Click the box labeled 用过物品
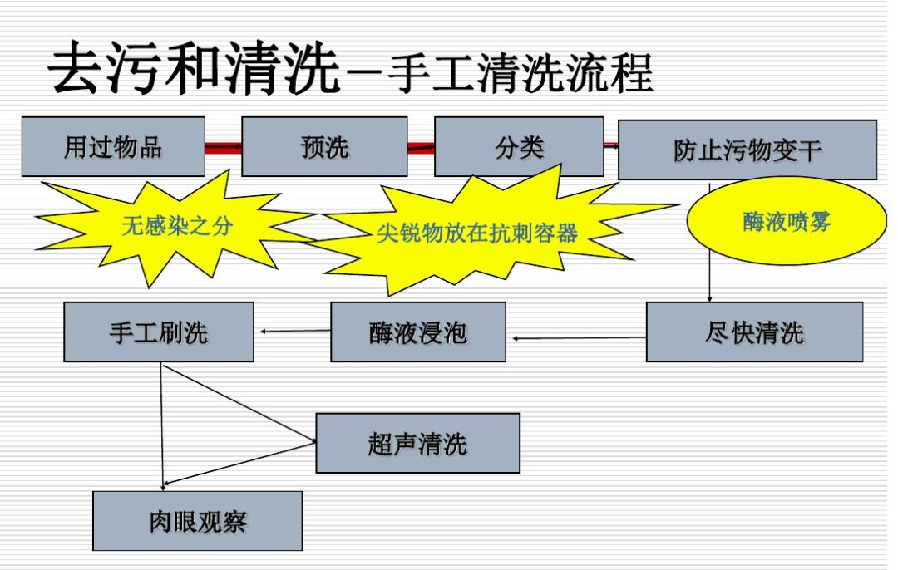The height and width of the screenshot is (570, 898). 113,146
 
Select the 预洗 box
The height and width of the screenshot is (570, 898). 324,146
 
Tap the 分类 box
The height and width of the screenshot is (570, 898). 519,146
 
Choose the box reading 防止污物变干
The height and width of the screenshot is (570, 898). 747,150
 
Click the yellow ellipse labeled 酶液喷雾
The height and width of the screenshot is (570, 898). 786,222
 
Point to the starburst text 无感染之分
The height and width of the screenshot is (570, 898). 177,225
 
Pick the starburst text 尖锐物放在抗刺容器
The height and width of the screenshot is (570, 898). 476,232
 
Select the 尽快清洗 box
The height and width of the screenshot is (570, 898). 754,332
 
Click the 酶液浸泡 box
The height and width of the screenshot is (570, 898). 417,332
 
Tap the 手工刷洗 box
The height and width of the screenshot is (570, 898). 158,332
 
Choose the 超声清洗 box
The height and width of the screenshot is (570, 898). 417,443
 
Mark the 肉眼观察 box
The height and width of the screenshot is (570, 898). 197,521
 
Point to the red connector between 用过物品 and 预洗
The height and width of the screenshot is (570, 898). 223,148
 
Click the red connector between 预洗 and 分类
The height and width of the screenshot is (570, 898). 421,148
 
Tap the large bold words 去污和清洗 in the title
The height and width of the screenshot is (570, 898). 196,69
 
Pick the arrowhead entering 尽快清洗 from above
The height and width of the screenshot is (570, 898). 709,297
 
